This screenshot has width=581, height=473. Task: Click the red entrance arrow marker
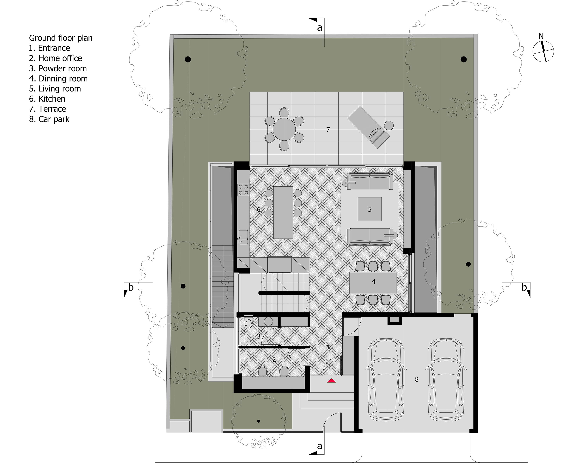(331, 381)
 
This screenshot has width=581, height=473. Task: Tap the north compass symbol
(543, 51)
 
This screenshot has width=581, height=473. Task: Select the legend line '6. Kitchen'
(47, 99)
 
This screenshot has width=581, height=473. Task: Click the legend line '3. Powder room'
(58, 68)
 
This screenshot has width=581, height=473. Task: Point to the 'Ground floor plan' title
(61, 38)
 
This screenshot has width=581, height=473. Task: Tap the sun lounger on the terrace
(368, 127)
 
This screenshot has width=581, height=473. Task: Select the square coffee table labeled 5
(370, 209)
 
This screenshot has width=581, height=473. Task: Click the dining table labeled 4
(373, 283)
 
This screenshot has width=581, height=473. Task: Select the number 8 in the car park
(417, 379)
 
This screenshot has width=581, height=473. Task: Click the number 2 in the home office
(274, 359)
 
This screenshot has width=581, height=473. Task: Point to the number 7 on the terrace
(328, 130)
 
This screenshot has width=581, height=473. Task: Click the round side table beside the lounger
(389, 126)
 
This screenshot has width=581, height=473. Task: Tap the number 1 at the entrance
(328, 347)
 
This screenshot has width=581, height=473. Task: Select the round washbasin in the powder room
(268, 321)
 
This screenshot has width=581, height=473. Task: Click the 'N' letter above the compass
(541, 36)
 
